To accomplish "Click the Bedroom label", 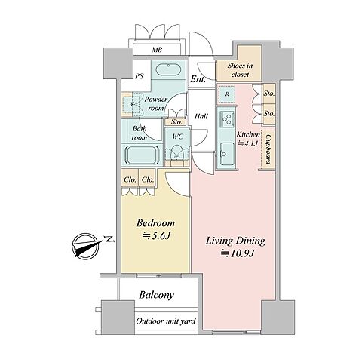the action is pos(155,223).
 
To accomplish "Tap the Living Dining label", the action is pos(235,241).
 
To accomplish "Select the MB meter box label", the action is pos(157,50).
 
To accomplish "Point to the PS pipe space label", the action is pos(139,76).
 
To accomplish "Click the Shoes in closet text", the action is pos(240,70).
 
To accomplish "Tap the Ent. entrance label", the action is pos(198,79).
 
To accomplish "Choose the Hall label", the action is pos(201,116).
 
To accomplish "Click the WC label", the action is pos(178,137).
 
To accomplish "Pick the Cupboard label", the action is pos(268,150).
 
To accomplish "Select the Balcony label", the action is pos(156,295).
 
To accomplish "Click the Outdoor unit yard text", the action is pos(166,321).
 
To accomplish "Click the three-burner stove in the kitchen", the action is pos(227,119).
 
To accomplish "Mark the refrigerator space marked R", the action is pos(227,94).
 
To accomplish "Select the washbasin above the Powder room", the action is pos(168,69).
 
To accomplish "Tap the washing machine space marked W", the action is pos(130,104).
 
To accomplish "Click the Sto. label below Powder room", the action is pos(176,122).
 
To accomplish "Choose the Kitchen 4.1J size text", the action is pos(248,139).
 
